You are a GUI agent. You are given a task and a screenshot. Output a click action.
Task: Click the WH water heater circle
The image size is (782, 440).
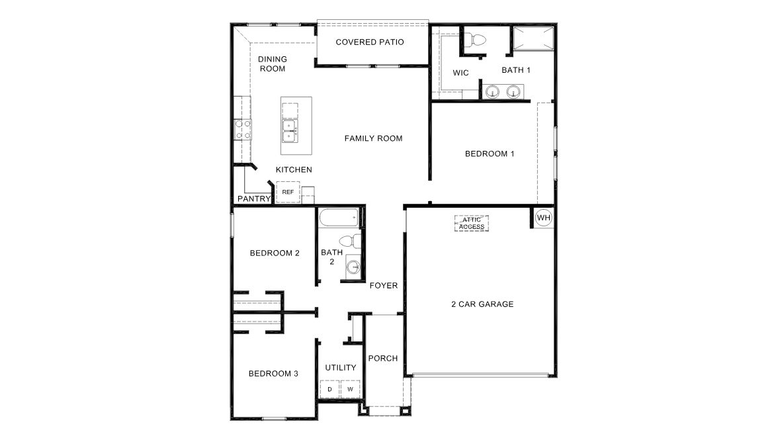click(543, 218)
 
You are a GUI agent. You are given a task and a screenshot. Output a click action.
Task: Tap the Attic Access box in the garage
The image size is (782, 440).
click(471, 223)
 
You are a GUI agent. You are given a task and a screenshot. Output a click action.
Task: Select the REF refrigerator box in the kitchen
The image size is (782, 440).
click(288, 192)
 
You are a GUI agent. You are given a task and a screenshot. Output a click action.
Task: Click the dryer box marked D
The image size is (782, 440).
click(329, 389)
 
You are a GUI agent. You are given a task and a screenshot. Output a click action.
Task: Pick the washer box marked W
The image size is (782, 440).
click(351, 389)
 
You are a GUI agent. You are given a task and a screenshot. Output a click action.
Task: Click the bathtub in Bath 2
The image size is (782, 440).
click(339, 218)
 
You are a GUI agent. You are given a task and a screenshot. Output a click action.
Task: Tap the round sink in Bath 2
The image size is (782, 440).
click(353, 267)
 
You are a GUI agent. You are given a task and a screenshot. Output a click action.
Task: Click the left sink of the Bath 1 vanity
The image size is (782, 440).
click(492, 92)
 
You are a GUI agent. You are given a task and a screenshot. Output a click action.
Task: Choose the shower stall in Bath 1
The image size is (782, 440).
click(533, 38)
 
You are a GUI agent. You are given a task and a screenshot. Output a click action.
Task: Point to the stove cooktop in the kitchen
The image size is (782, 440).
click(243, 130)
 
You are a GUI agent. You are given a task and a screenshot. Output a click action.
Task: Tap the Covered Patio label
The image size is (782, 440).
click(370, 42)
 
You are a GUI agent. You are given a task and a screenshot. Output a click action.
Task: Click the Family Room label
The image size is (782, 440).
click(374, 138)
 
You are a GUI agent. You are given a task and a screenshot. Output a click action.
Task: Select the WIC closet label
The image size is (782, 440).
click(461, 73)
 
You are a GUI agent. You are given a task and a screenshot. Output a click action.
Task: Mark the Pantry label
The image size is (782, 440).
click(254, 198)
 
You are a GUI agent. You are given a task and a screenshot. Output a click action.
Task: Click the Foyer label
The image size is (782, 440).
click(384, 285)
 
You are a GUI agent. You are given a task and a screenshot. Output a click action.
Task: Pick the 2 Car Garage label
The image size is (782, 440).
click(482, 304)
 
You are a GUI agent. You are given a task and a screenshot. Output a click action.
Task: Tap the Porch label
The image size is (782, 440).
click(383, 358)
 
